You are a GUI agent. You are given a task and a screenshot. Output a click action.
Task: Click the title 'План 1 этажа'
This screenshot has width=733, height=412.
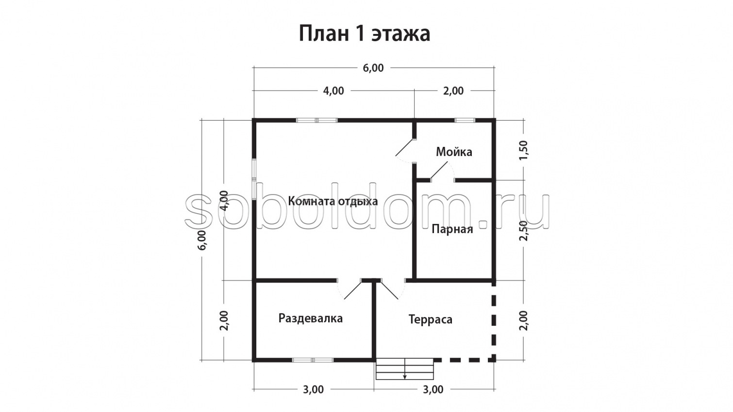pos(364,34)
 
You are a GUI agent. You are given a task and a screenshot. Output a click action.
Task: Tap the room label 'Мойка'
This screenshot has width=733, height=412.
pos(453,152)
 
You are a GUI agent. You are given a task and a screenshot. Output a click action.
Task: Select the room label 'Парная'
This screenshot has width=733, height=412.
pos(452,229)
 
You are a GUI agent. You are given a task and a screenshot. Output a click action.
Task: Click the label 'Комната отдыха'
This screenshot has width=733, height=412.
pos(333,201)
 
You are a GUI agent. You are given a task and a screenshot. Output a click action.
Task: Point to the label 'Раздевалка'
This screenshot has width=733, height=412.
pos(310,318)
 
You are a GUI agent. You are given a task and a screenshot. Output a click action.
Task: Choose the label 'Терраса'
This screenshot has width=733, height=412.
pos(430,319)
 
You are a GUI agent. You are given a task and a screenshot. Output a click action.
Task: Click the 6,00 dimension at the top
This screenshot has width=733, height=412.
pos(373,68)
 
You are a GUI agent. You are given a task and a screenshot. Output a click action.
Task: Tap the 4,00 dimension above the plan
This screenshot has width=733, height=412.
pos(333,91)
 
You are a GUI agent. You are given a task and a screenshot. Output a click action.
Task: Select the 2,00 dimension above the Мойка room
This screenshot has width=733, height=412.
pos(453,91)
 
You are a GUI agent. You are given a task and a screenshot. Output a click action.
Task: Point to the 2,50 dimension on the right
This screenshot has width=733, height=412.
pos(523,230)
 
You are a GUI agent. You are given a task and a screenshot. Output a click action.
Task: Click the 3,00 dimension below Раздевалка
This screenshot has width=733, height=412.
pos(313,389)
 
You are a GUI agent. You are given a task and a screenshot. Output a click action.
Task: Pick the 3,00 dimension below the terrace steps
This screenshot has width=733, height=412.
pos(433,389)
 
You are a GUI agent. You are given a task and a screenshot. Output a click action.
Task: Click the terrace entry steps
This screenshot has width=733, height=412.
pos(405,369)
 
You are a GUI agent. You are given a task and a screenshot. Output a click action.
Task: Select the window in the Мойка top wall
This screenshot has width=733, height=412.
pos(465,120)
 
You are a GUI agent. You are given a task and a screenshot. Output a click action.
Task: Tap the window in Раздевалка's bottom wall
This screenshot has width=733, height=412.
pos(313,360)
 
